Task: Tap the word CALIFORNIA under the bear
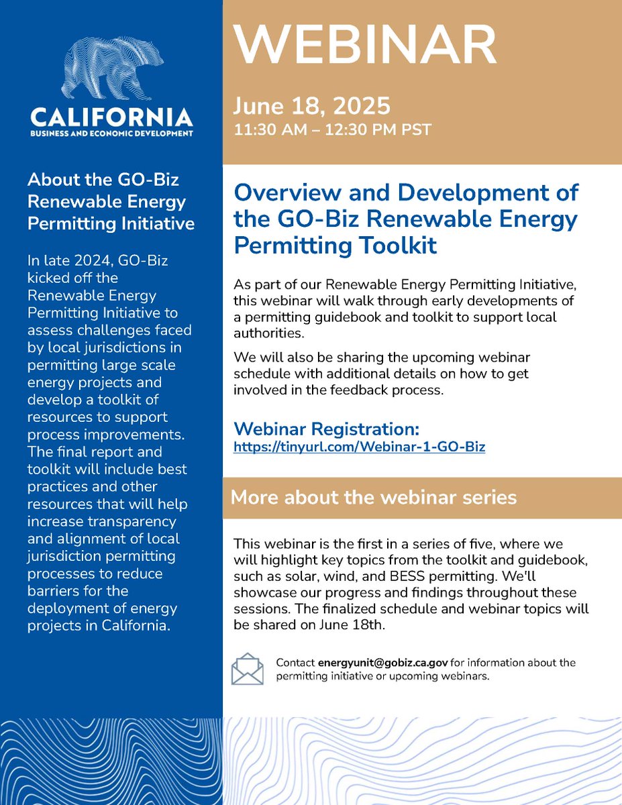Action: click(111, 118)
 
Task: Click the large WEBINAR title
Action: click(365, 46)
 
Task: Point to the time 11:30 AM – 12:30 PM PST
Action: click(333, 129)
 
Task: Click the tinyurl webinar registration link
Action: click(359, 446)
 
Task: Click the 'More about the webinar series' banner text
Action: click(373, 497)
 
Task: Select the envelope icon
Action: click(248, 669)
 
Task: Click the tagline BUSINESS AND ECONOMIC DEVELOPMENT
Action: click(111, 133)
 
